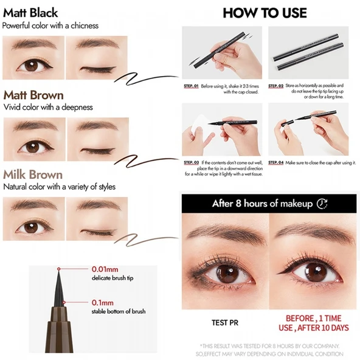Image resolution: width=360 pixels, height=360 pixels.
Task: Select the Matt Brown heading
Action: [33, 95]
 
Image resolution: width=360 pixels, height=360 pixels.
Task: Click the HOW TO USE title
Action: [265, 13]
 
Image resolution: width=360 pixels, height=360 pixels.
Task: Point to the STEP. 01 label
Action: [192, 86]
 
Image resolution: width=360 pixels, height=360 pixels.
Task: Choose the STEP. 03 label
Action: [192, 163]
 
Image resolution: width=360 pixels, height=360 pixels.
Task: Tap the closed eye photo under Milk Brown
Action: [96, 218]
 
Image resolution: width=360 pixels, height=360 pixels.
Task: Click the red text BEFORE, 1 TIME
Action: [313, 318]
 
